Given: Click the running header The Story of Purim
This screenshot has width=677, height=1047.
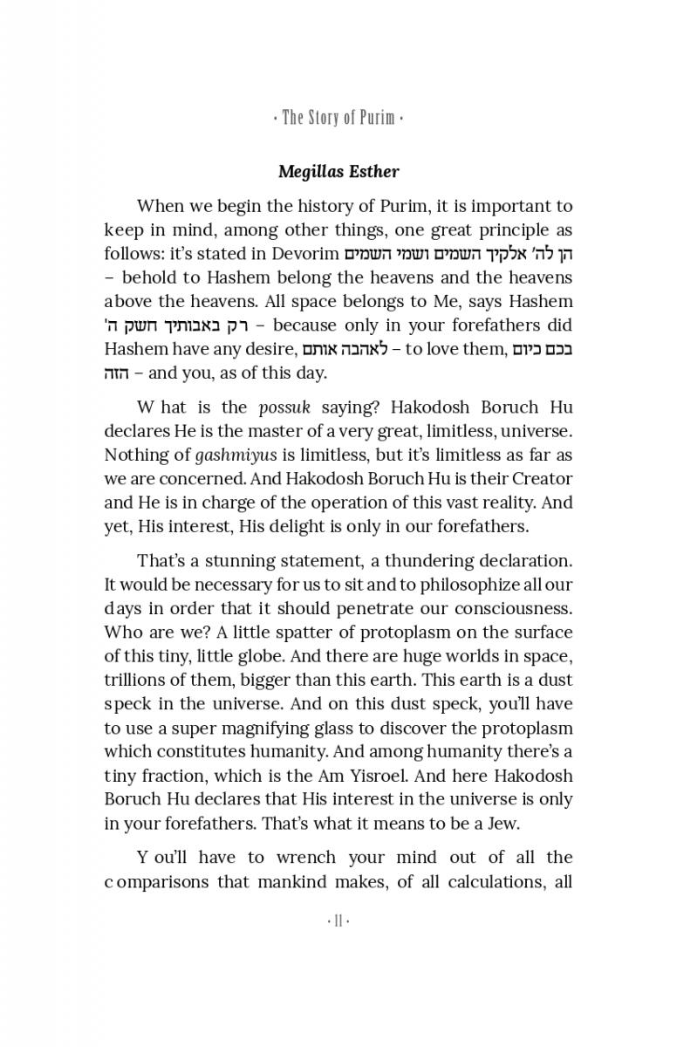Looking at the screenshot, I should pyautogui.click(x=338, y=118).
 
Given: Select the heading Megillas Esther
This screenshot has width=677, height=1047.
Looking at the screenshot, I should pyautogui.click(x=338, y=171).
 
